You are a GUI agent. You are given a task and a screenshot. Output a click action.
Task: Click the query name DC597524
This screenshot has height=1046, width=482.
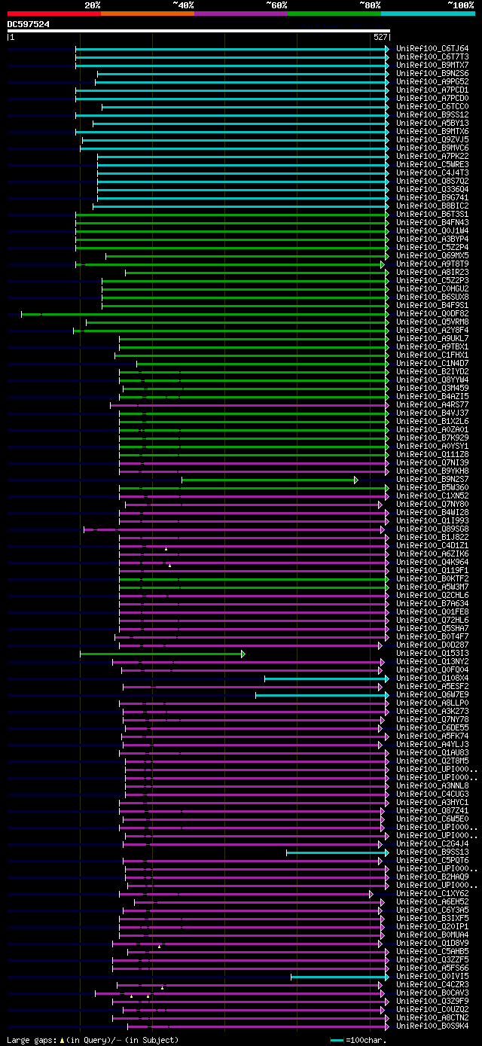(29, 24)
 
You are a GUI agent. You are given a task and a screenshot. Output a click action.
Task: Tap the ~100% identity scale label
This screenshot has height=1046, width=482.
(459, 5)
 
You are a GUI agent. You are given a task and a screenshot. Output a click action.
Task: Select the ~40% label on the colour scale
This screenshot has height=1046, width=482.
(183, 5)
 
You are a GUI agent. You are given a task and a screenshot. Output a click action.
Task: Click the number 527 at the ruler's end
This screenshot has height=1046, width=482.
(380, 37)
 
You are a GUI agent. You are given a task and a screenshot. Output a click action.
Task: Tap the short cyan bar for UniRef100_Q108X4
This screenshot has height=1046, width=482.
(325, 679)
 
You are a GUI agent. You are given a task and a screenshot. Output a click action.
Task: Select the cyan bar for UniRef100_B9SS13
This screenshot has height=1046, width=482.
(336, 852)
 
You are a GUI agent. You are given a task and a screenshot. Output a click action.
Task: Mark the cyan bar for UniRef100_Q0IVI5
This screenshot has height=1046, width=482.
(338, 977)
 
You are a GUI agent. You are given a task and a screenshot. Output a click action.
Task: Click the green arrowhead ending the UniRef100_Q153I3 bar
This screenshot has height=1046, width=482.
(243, 654)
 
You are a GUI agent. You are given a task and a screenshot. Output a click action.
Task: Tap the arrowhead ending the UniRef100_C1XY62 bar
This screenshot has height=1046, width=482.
(371, 894)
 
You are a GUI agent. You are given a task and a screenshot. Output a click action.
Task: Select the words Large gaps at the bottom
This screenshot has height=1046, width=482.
(30, 1040)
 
